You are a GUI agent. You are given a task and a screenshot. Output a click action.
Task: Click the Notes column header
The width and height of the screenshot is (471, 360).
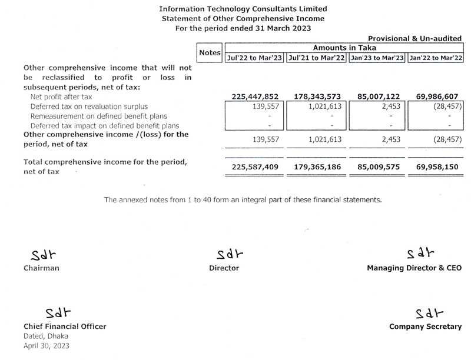[210, 52]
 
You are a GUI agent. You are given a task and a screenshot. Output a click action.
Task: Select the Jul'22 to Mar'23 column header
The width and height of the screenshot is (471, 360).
[254, 58]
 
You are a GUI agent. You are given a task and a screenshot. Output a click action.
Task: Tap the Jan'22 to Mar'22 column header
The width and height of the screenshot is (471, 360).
[436, 58]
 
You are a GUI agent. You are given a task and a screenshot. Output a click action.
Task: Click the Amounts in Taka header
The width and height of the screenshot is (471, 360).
[344, 48]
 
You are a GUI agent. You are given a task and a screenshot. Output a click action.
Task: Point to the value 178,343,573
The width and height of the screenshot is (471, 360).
[317, 96]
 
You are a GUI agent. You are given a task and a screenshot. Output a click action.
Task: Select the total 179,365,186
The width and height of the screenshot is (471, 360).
[317, 166]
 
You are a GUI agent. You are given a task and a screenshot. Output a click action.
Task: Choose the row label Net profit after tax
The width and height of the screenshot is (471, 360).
[61, 96]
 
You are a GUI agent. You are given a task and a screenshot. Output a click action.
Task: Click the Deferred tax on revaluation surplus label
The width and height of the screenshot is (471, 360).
[88, 106]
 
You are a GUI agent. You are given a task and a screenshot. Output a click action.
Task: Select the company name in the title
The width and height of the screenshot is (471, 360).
[243, 9]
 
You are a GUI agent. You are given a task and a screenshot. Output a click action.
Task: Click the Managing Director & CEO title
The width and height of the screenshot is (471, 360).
[414, 268]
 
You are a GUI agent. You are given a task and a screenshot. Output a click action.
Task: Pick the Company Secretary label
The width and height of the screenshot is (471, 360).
[426, 326]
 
